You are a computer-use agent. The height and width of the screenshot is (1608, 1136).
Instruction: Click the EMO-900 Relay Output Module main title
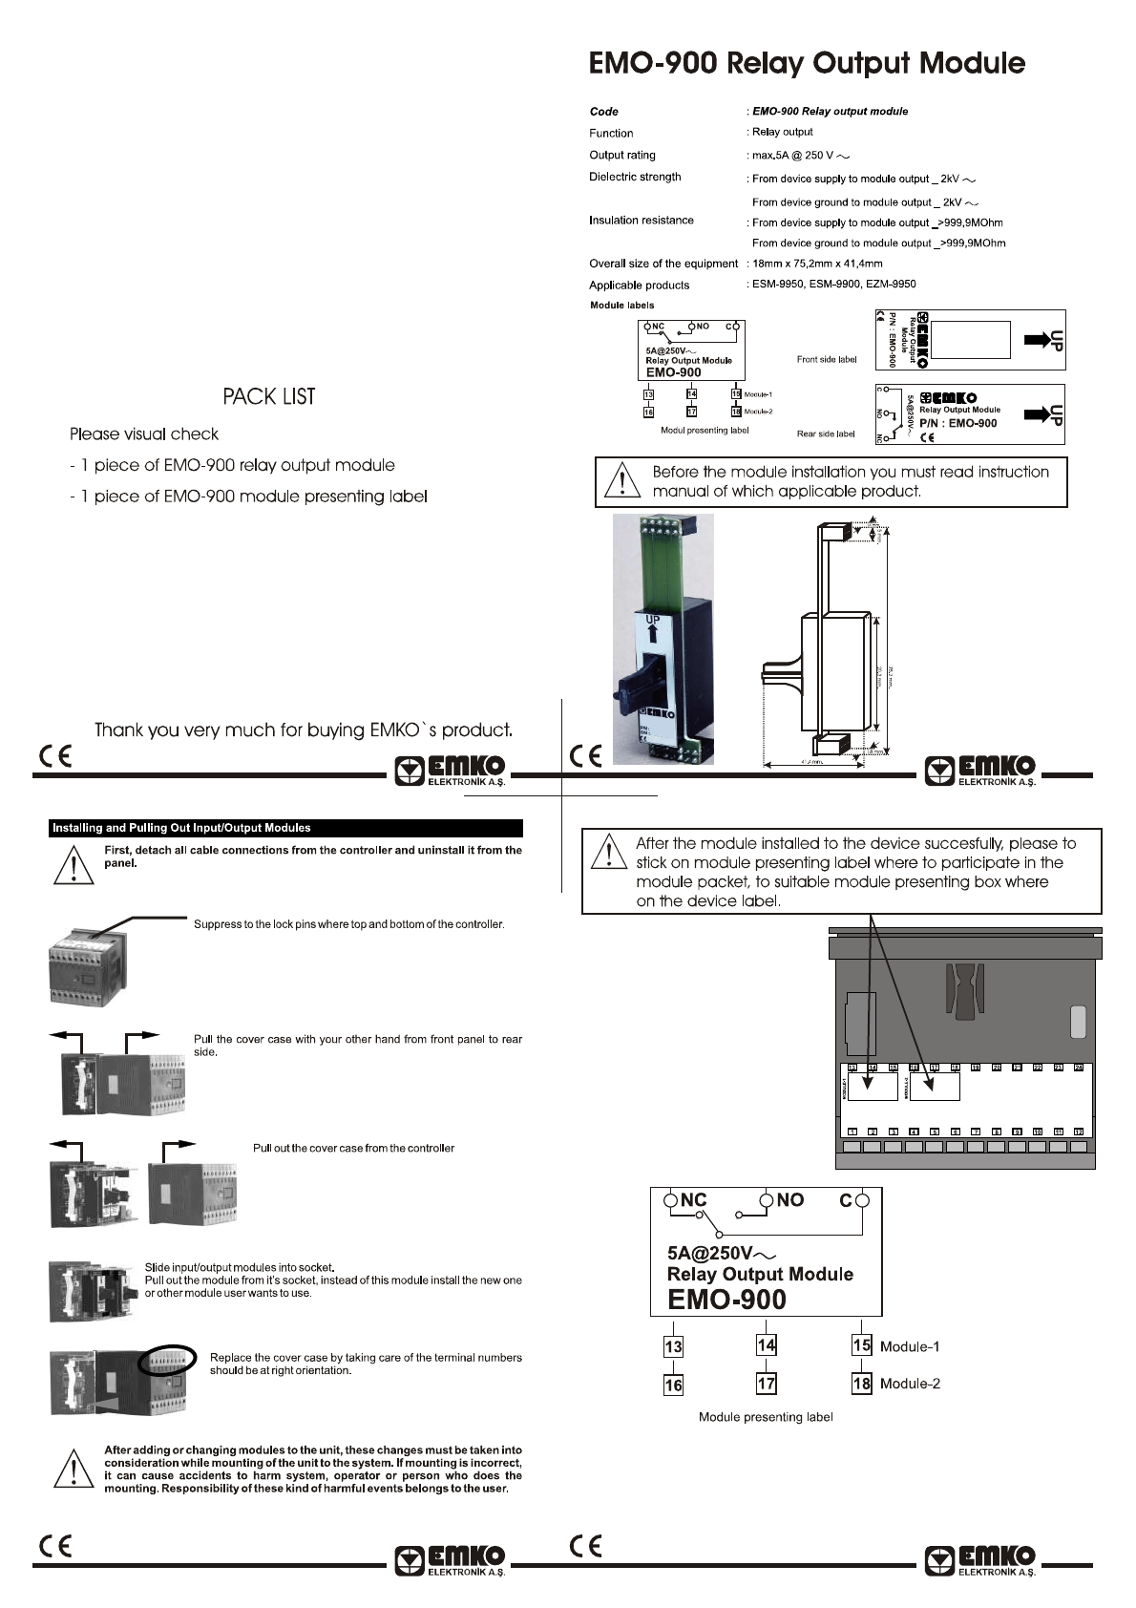pyautogui.click(x=807, y=63)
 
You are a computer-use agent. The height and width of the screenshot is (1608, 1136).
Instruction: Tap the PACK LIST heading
pyautogui.click(x=269, y=397)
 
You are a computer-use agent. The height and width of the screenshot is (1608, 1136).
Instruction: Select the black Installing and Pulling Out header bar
pyautogui.click(x=286, y=828)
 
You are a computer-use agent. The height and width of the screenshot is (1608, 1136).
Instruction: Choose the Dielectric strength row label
pyautogui.click(x=635, y=177)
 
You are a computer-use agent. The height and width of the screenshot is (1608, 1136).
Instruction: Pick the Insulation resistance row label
pyautogui.click(x=641, y=221)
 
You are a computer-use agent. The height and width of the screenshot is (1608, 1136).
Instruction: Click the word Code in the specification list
pyautogui.click(x=603, y=112)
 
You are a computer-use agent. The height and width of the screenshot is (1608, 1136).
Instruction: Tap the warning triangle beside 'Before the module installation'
pyautogui.click(x=622, y=481)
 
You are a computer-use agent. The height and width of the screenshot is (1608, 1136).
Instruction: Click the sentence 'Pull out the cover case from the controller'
pyautogui.click(x=353, y=1148)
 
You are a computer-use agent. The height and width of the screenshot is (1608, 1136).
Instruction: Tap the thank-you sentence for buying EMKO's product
pyautogui.click(x=304, y=730)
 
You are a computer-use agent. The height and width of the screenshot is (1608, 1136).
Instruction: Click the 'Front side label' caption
pyautogui.click(x=827, y=360)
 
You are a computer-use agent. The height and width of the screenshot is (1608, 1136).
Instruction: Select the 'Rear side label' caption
pyautogui.click(x=826, y=434)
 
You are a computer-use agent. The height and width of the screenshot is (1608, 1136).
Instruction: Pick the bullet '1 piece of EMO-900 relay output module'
pyautogui.click(x=232, y=466)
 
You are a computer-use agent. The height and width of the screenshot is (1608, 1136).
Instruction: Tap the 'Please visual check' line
pyautogui.click(x=144, y=434)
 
